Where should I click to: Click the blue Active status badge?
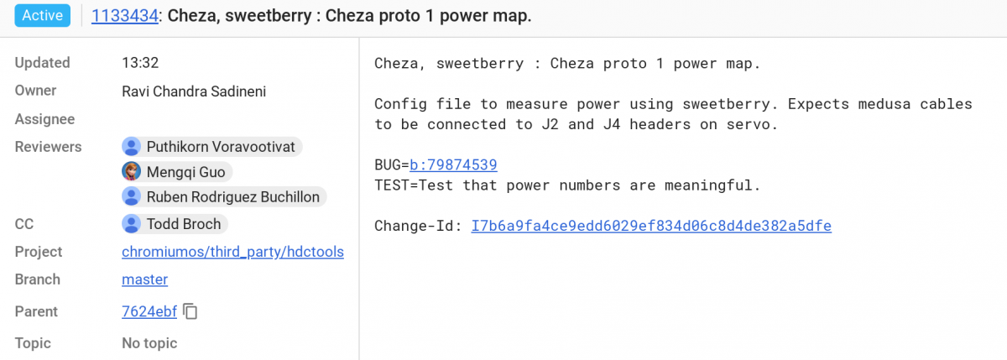42,15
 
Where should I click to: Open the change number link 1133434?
124,16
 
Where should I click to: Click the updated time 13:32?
140,62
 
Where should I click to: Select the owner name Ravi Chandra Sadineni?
194,91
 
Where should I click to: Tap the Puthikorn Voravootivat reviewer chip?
211,147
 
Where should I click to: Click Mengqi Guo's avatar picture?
131,171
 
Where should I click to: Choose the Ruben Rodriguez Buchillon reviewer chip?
224,197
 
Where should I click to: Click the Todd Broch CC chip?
175,224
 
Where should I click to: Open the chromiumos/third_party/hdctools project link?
233,252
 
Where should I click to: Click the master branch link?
144,279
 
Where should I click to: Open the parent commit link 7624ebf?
149,311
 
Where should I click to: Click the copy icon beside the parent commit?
190,311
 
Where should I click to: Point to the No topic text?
149,343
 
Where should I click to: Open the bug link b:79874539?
453,165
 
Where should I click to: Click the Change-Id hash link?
651,226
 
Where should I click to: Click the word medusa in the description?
884,104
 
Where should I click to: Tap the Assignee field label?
44,119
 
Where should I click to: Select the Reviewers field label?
48,147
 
